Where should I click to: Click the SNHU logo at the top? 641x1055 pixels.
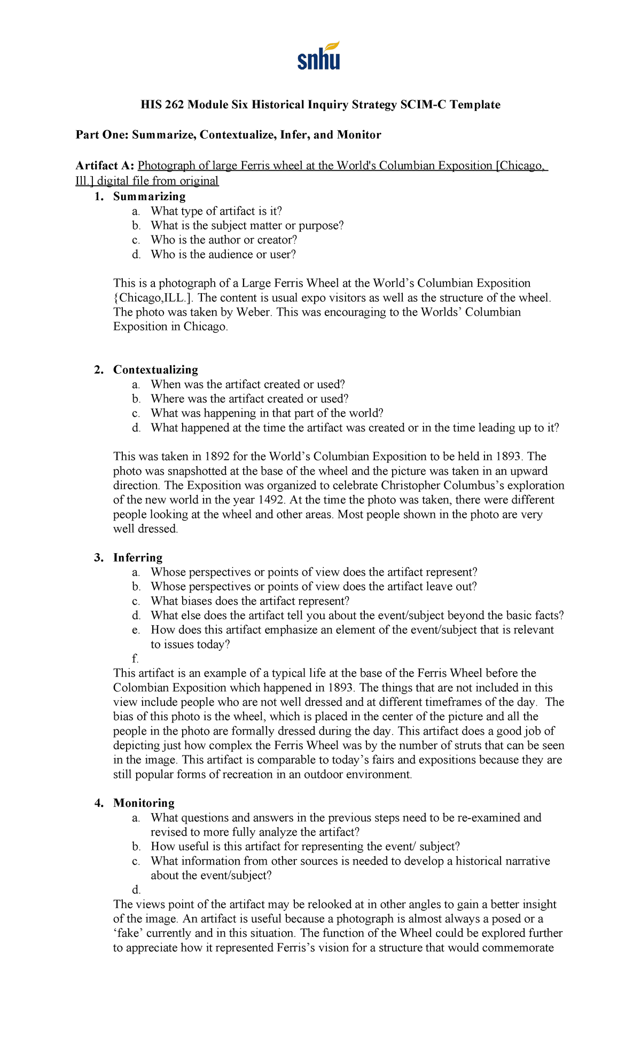coord(319,56)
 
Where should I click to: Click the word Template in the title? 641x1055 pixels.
coord(474,105)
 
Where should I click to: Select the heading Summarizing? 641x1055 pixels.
coord(149,196)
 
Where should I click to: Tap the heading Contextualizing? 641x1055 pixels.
coord(155,369)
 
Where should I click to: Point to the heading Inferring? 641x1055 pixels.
coord(138,557)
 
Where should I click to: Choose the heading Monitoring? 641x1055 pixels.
coord(144,803)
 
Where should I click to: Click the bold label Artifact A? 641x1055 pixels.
coord(105,166)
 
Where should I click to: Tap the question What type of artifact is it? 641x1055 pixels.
coord(216,211)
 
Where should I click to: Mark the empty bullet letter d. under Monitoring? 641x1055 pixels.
coord(136,889)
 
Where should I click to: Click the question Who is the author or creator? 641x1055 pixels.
coord(224,240)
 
